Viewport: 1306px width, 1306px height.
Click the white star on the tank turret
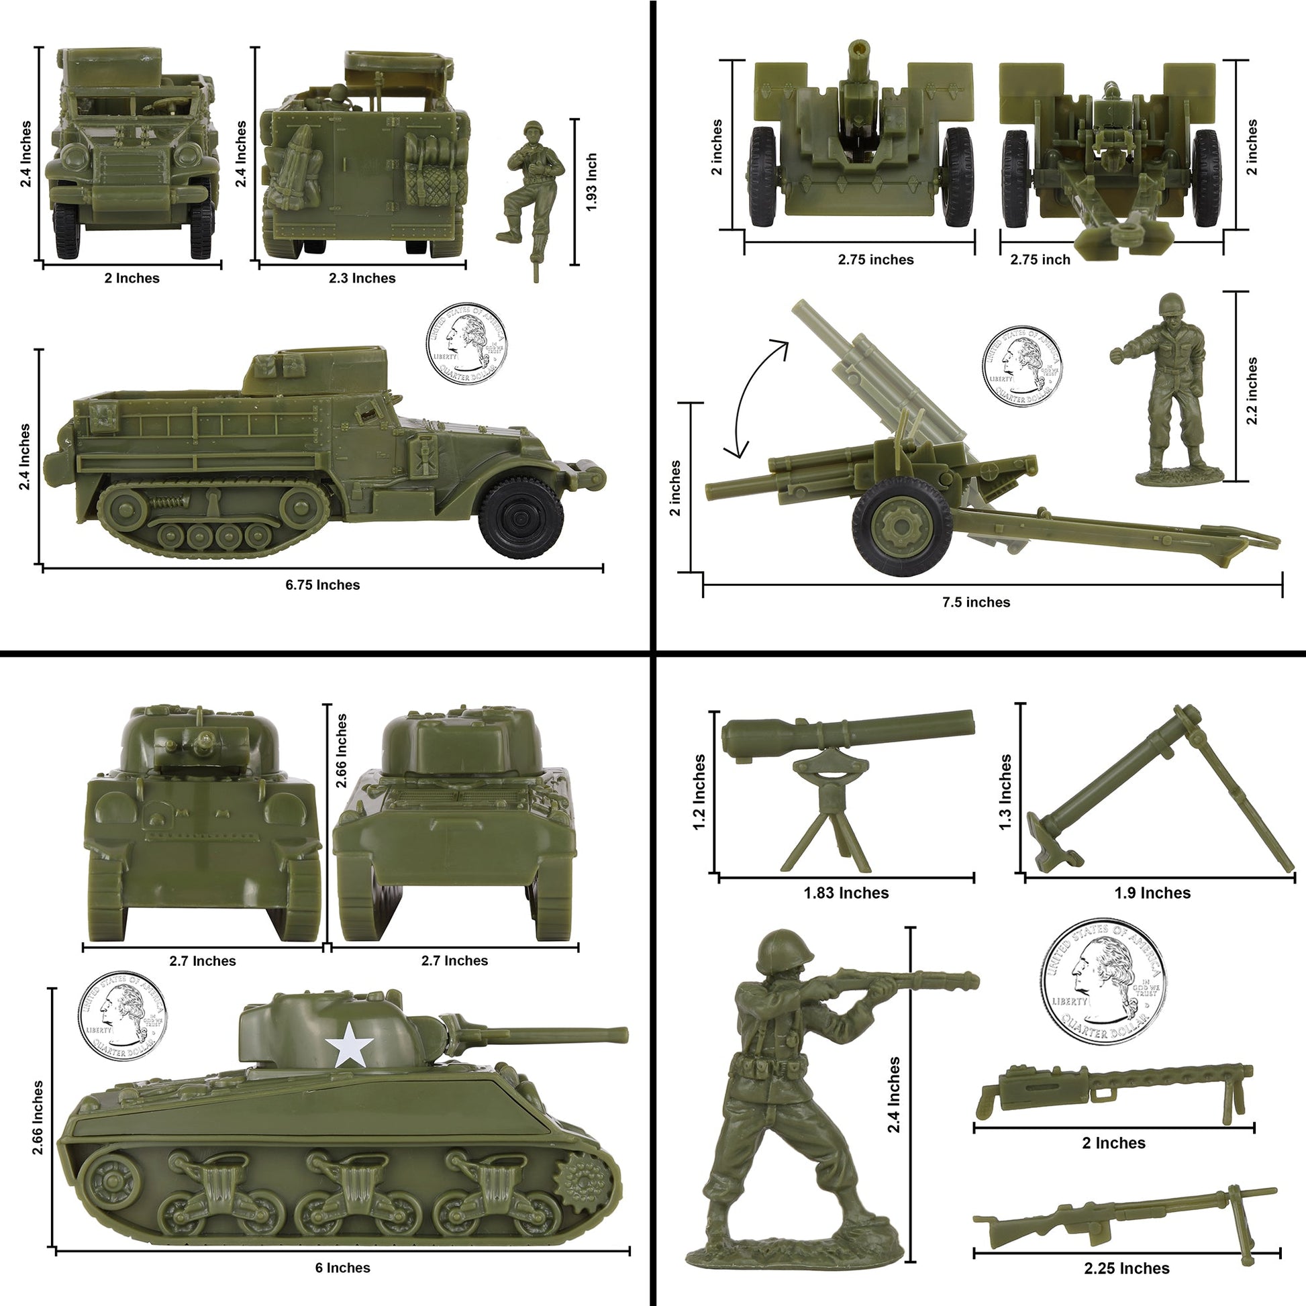pos(349,1046)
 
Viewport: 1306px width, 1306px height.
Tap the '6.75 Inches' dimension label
pos(322,585)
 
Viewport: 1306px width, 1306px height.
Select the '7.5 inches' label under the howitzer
pos(975,602)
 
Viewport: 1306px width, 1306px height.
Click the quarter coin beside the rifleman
pos(1103,983)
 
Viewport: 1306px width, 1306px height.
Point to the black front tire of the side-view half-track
pos(521,517)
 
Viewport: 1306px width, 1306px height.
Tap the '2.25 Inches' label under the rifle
pos(1126,1268)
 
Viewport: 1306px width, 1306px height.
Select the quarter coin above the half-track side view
pos(466,343)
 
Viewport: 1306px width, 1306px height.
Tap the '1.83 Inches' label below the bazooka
pos(846,893)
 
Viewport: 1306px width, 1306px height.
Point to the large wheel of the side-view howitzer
pos(902,527)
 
